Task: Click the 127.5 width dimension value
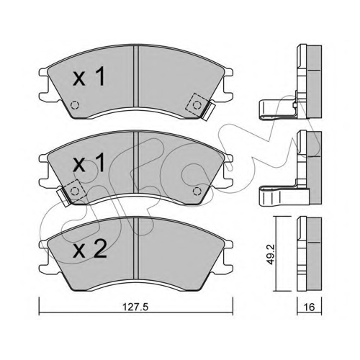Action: [135, 307]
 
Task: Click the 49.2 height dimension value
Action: [271, 254]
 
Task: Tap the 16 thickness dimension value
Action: [309, 307]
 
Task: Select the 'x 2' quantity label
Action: [89, 250]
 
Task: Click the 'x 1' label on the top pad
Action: [89, 76]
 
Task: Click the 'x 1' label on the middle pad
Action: [89, 163]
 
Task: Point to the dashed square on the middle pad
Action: [74, 191]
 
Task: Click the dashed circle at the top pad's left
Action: [75, 105]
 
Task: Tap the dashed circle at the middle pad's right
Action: [197, 191]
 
